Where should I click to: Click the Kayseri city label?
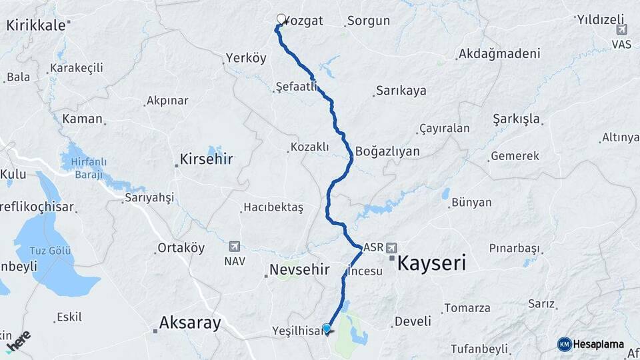pos(431,263)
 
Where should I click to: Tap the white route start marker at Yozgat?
pos(281,19)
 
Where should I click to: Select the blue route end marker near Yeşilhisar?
pos(326,328)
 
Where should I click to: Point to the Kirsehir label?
pos(206,161)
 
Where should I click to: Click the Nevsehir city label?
pos(299,270)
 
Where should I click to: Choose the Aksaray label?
pos(189,324)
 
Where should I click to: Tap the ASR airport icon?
pos(391,247)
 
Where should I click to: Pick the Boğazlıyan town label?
pos(387,151)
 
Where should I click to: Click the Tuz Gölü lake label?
pos(51,250)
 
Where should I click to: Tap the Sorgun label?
pos(367,21)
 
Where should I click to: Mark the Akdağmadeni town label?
pos(500,53)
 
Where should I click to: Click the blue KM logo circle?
pos(564,344)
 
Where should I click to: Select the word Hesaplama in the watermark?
pos(599,344)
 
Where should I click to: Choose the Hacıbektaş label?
pos(273,208)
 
